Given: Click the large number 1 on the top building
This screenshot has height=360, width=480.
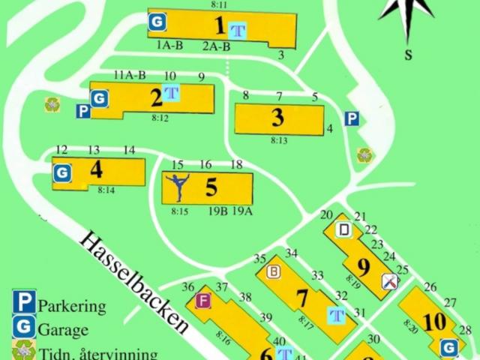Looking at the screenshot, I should pos(219,26).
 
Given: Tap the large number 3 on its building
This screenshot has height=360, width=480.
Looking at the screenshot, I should pos(277,118).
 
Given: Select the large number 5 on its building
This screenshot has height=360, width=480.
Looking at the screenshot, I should pos(212,186).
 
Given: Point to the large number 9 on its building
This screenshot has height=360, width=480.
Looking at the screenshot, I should pos(364,266).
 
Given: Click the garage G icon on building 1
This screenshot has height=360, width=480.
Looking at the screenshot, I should pos(157,22).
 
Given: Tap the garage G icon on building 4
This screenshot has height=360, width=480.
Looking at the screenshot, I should pos(63,173).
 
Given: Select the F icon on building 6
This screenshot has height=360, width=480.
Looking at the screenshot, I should pos(202,301).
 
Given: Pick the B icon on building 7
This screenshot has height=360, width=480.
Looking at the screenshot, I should pos(274,271).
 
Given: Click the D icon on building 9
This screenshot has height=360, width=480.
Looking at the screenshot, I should pos(344,230).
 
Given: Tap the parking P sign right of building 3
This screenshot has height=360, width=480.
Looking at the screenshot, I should pos(351,118).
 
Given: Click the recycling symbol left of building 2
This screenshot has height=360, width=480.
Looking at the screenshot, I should pos(52,104).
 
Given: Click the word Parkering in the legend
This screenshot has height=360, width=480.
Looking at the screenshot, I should pos(72,306).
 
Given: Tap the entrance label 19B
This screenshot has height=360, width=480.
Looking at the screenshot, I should pos(218,211).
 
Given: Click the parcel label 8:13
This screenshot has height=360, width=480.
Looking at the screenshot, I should pos(279,140).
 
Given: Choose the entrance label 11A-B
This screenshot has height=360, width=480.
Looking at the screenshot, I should pos(129,75).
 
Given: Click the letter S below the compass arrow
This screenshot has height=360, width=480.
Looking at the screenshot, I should pos(409,54).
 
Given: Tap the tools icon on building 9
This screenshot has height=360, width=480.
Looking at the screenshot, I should pos(390,281).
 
